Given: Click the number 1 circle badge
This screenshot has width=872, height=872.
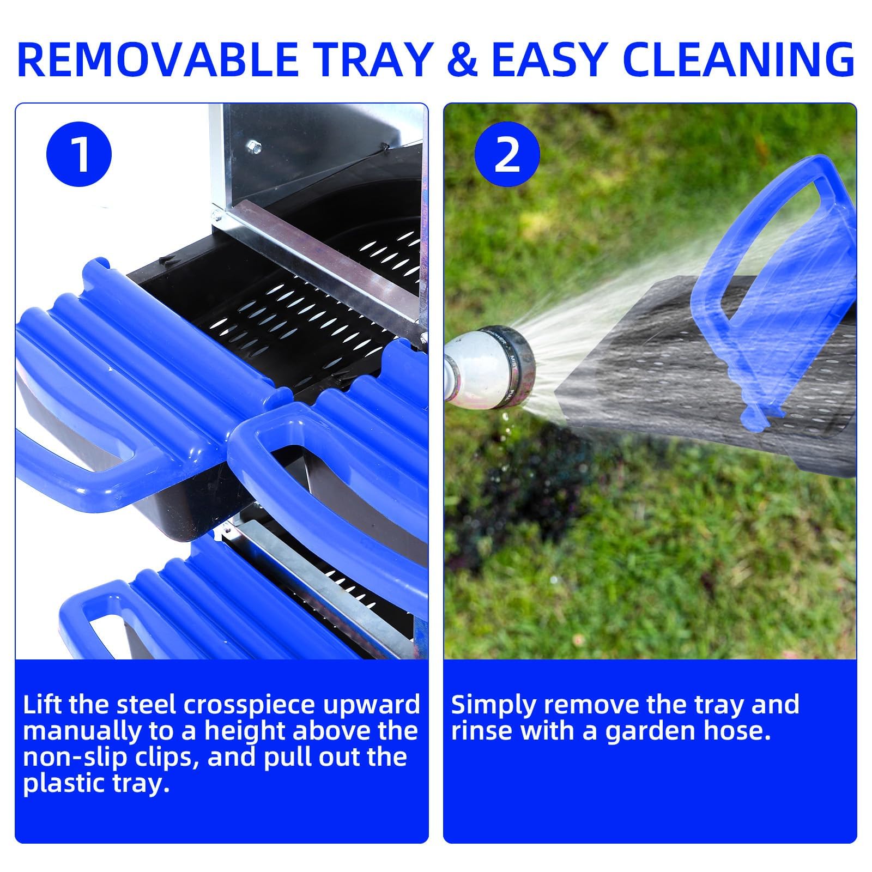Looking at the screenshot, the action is click(x=80, y=153).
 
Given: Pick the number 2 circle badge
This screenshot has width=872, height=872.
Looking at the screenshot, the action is click(x=507, y=153).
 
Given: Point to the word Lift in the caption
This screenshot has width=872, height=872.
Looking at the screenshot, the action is click(x=42, y=705).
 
